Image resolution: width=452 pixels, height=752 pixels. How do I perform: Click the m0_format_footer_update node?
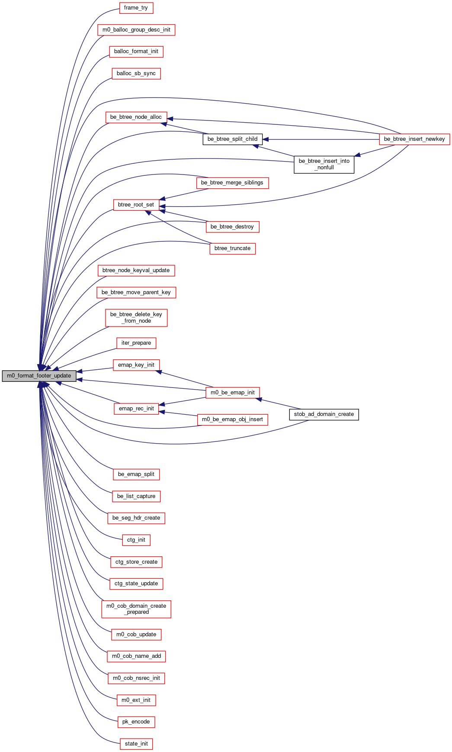39,376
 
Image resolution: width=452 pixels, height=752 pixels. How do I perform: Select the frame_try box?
136,8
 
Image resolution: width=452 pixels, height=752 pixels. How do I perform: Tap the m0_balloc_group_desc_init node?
136,30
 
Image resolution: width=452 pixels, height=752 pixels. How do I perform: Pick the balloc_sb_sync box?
136,73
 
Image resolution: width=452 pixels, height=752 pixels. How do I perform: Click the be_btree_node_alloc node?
136,117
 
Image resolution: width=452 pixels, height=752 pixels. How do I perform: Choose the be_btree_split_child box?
233,139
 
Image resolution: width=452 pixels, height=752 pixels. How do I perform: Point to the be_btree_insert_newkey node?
414,139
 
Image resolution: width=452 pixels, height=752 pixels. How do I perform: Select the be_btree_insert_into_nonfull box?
324,164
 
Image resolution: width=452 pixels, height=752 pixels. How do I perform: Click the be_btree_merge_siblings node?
232,183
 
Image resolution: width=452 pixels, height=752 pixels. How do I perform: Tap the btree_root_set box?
136,205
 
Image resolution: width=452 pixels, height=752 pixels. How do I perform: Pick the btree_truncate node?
233,248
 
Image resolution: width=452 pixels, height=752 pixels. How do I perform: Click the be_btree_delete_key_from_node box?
136,317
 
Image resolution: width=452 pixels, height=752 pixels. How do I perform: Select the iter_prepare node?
136,343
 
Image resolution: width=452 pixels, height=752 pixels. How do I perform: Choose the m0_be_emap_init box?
233,393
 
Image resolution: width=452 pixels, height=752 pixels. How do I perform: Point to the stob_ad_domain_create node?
324,414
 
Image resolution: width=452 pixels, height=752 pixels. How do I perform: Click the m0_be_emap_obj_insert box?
233,419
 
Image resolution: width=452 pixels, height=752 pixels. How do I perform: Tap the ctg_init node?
136,540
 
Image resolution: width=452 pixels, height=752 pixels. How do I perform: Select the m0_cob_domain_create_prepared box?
136,609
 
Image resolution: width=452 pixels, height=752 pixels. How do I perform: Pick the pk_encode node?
136,722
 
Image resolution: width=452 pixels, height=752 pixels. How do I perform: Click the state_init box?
136,744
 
